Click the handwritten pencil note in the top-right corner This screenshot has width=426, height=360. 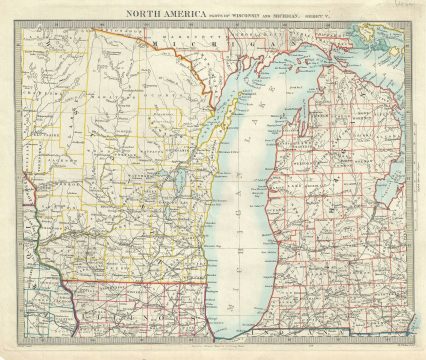pos(404,7)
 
